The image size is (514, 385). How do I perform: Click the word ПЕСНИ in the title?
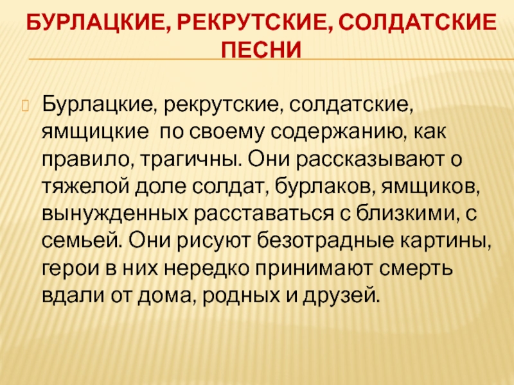(260, 49)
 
